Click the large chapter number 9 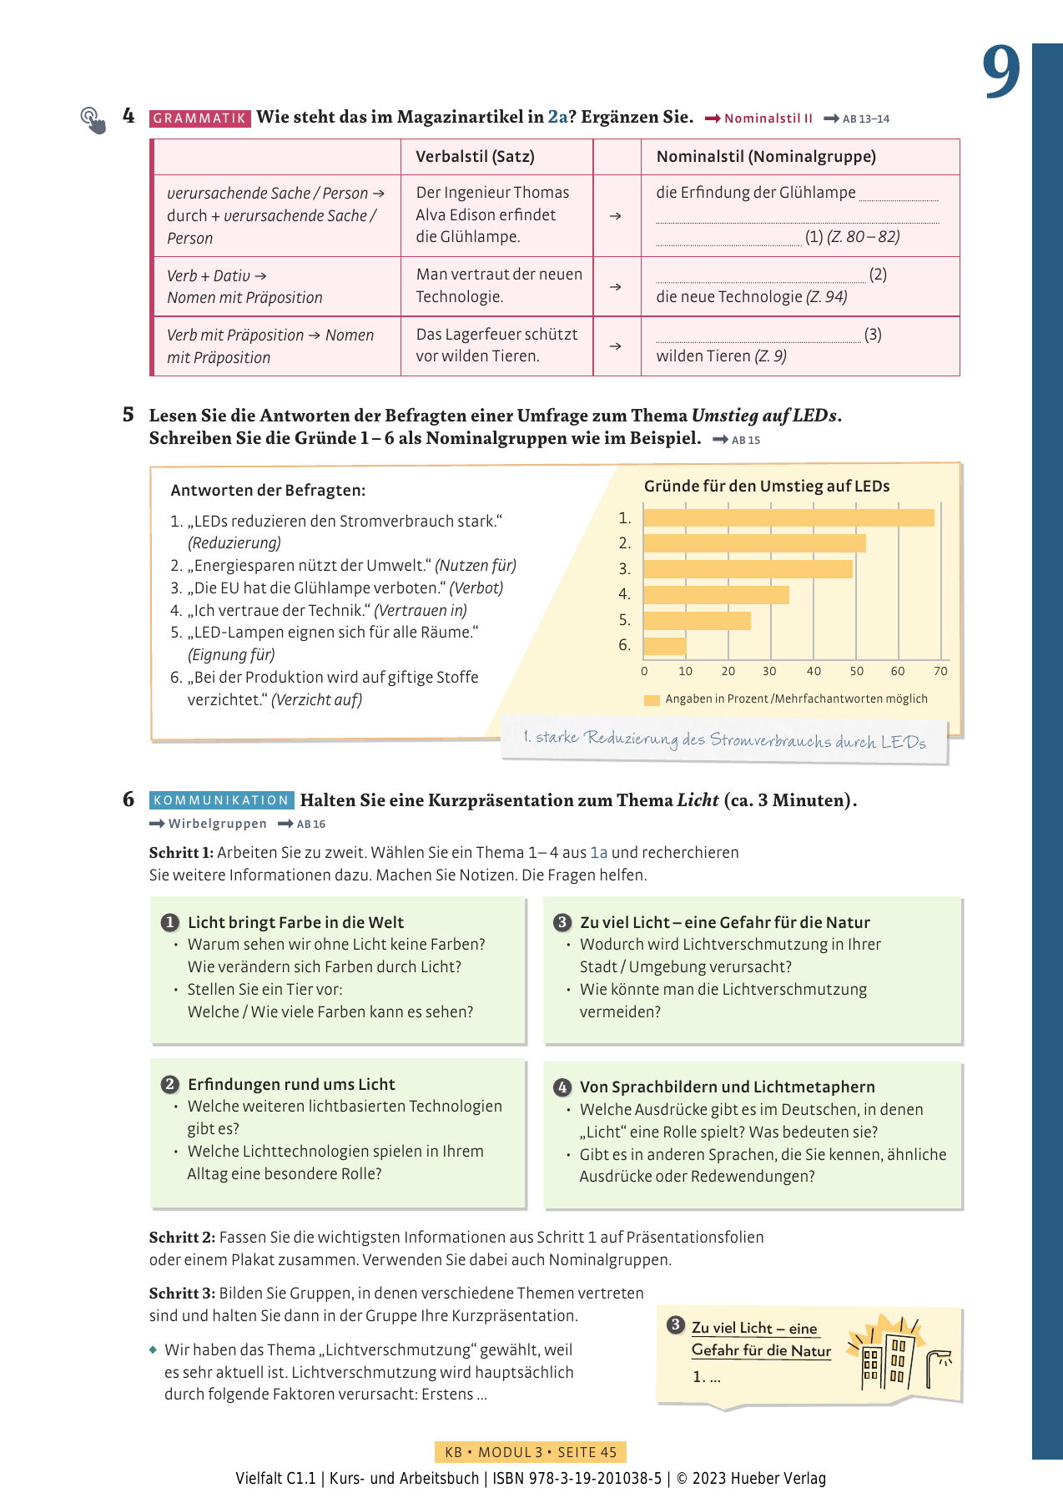click(1000, 72)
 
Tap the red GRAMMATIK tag click(199, 119)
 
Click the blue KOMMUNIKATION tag click(221, 800)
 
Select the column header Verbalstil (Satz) click(475, 156)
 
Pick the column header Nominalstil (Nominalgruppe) click(766, 156)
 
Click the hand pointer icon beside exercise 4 click(93, 120)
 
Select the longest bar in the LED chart click(788, 518)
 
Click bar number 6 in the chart click(665, 646)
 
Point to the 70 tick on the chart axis click(940, 671)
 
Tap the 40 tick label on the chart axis click(814, 671)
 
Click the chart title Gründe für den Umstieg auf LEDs click(767, 486)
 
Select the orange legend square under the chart click(652, 699)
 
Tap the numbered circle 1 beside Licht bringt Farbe click(169, 922)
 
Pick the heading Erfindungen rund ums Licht click(291, 1084)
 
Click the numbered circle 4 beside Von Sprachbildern click(562, 1087)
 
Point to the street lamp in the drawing click(939, 1366)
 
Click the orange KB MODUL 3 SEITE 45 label click(530, 1452)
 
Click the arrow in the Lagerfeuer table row click(616, 346)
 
